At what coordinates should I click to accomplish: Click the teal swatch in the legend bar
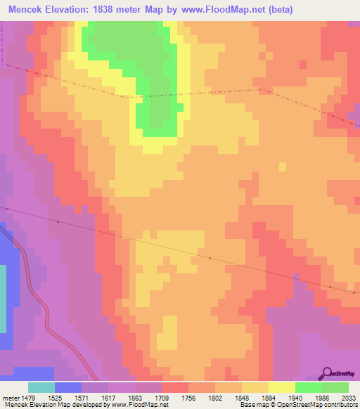pyautogui.click(x=41, y=387)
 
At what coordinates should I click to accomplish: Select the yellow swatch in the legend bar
pyautogui.click(x=282, y=387)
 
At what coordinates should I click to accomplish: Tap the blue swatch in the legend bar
pyautogui.click(x=68, y=387)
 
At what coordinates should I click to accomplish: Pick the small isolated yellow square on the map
pyautogui.click(x=283, y=167)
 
